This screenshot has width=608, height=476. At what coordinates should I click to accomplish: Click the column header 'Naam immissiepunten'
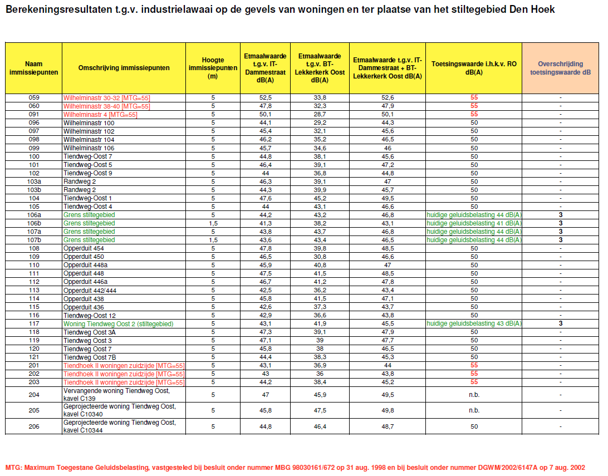[33, 68]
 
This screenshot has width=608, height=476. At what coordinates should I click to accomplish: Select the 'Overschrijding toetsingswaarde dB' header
[560, 68]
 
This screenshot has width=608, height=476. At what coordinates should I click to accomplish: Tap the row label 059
[33, 97]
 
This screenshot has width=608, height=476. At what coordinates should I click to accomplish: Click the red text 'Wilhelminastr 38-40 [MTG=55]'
[106, 106]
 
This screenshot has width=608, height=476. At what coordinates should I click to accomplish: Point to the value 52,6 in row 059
[388, 97]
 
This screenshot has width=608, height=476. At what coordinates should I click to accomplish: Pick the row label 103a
[33, 181]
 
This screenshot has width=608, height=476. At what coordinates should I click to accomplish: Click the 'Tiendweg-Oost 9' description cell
[88, 173]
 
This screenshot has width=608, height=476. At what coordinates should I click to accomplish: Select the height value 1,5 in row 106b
[213, 223]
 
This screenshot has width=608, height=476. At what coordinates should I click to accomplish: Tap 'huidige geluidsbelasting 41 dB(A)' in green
[474, 223]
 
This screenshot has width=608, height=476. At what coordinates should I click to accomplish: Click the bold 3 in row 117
[561, 323]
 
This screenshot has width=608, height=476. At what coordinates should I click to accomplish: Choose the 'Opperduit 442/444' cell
[91, 290]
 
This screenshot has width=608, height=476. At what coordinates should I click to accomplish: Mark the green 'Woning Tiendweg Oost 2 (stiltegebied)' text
[118, 323]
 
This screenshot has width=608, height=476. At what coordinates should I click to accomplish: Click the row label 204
[33, 395]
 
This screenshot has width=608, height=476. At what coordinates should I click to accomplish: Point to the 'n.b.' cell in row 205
[474, 410]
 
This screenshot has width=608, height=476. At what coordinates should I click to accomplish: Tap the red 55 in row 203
[474, 382]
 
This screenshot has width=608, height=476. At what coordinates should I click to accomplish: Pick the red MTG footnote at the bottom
[295, 467]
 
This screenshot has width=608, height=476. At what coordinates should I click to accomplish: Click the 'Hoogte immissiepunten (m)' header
[213, 68]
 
